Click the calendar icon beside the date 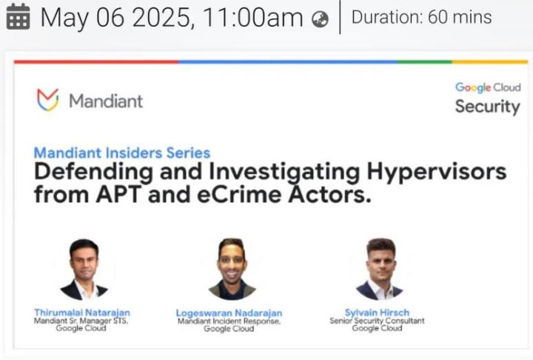(18, 17)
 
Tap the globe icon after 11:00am (320, 19)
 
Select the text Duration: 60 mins (421, 17)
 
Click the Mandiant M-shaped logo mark (48, 100)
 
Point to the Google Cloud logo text (488, 87)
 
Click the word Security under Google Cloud (487, 107)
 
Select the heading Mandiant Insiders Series (122, 153)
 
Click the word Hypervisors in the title (437, 172)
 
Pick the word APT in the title (118, 195)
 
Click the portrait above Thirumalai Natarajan (84, 270)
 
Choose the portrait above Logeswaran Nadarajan (232, 269)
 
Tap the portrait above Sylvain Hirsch (380, 269)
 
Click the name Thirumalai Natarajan (82, 313)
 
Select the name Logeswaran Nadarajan (229, 313)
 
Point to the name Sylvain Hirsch (377, 313)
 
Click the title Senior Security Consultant (377, 321)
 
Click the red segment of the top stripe (96, 62)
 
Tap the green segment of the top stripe (425, 62)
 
